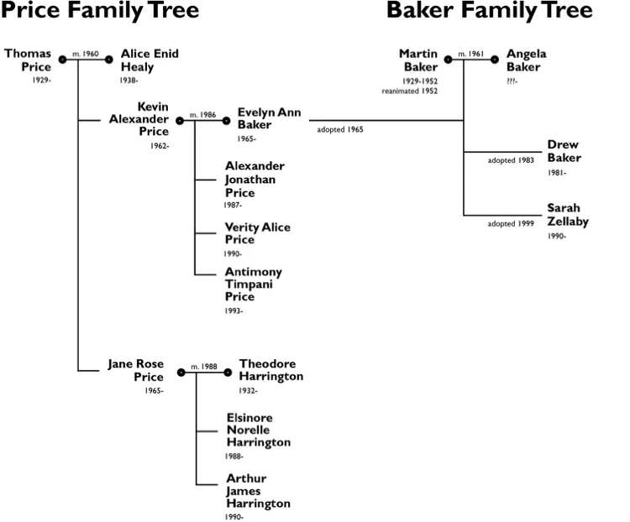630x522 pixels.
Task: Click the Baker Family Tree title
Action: coord(489,12)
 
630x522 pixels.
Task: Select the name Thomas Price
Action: coord(28,60)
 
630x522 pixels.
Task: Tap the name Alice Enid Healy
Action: coord(150,60)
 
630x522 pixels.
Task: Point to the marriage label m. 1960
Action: coord(87,54)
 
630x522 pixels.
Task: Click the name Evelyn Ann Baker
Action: coord(269,118)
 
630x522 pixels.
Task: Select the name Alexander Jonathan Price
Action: coord(255,180)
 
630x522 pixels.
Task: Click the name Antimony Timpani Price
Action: coord(253,284)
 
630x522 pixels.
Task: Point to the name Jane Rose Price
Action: coord(135,370)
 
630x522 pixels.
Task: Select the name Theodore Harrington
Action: coord(270,370)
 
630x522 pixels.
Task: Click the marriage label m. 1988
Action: coord(204,366)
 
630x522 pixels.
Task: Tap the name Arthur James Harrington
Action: coord(258,491)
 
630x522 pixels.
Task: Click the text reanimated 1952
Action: coord(417,90)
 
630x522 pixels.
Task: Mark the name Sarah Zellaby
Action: coord(568,215)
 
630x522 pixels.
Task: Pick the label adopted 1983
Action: coord(511,160)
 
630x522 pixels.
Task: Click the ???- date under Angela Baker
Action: coord(512,81)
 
